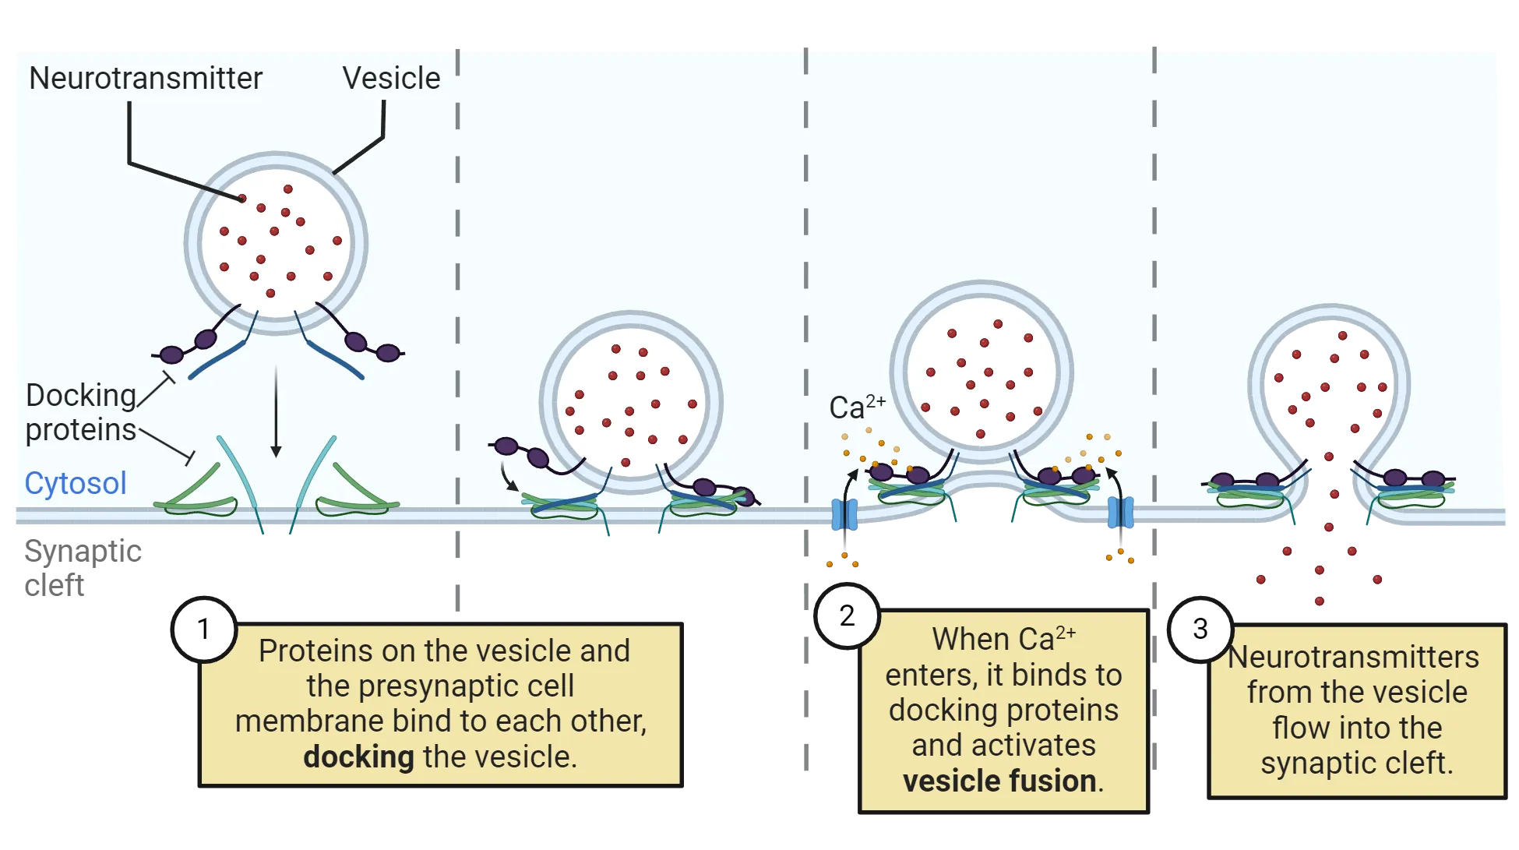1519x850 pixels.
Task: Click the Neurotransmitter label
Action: coord(146,79)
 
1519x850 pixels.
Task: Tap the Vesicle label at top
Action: coord(391,79)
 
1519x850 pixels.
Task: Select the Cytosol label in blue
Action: coord(76,484)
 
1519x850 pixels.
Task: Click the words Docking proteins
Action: coord(81,413)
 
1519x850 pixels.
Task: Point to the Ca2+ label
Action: coord(856,407)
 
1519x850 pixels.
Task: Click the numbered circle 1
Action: coord(203,630)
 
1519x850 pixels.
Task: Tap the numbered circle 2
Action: coord(847,616)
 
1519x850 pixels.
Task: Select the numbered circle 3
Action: coord(1200,629)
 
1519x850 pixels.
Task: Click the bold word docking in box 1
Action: coord(358,757)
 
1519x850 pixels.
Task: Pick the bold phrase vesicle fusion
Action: coord(999,781)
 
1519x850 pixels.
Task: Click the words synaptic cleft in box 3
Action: coord(1356,763)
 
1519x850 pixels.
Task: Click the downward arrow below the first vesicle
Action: coord(276,413)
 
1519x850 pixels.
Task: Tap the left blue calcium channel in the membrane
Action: coord(844,514)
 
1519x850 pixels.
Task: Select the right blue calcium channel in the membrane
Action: coord(1121,513)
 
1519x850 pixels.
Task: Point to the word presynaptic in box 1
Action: coord(442,686)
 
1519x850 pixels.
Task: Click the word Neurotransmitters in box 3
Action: coord(1353,657)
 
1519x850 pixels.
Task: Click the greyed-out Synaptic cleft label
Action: coord(83,566)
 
